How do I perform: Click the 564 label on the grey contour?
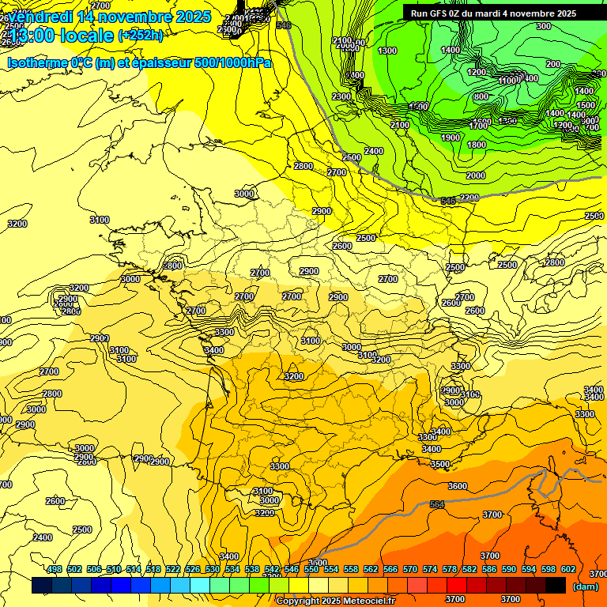point(437,504)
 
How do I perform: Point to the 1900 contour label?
point(451,138)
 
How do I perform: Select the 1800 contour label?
point(477,145)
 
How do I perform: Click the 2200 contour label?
point(469,198)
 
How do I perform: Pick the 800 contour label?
point(481,96)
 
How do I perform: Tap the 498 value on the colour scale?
point(54,569)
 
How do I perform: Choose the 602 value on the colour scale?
point(567,569)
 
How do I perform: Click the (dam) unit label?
point(585,586)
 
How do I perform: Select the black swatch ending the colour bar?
point(556,586)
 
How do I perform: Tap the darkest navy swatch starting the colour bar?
point(42,586)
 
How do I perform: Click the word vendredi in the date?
point(40,17)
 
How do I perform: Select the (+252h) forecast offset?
point(141,36)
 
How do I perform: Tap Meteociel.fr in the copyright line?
point(366,601)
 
